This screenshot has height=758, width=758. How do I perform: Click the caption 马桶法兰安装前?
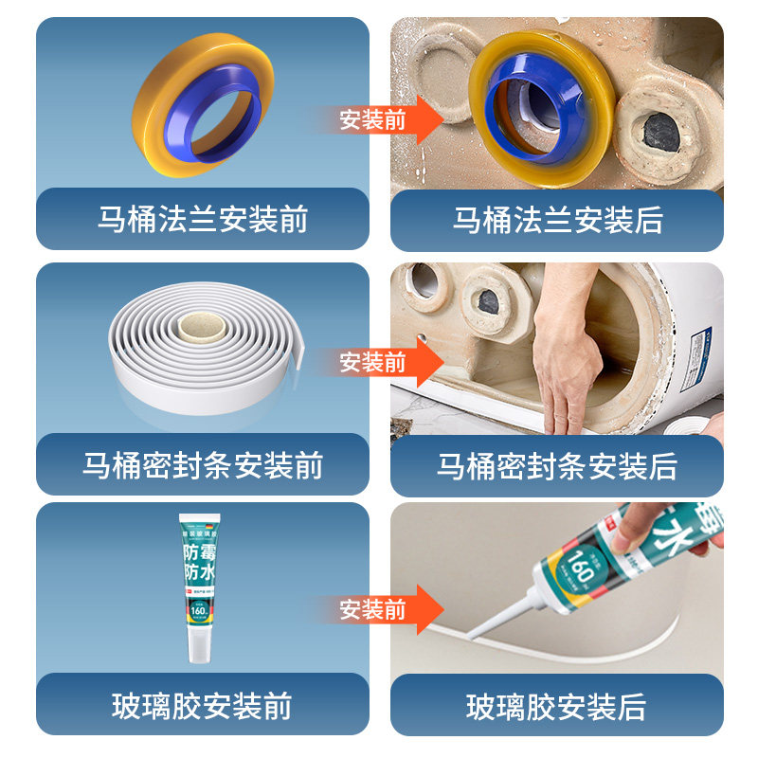pyautogui.click(x=202, y=220)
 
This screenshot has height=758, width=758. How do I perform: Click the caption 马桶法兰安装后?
pyautogui.click(x=557, y=220)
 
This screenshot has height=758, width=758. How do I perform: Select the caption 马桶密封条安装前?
pyautogui.click(x=202, y=465)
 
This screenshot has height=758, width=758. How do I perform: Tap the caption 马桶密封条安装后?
pyautogui.click(x=557, y=465)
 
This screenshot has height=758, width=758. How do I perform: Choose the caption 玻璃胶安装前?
pyautogui.click(x=202, y=705)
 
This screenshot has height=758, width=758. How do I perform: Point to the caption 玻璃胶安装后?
pyautogui.click(x=557, y=706)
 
